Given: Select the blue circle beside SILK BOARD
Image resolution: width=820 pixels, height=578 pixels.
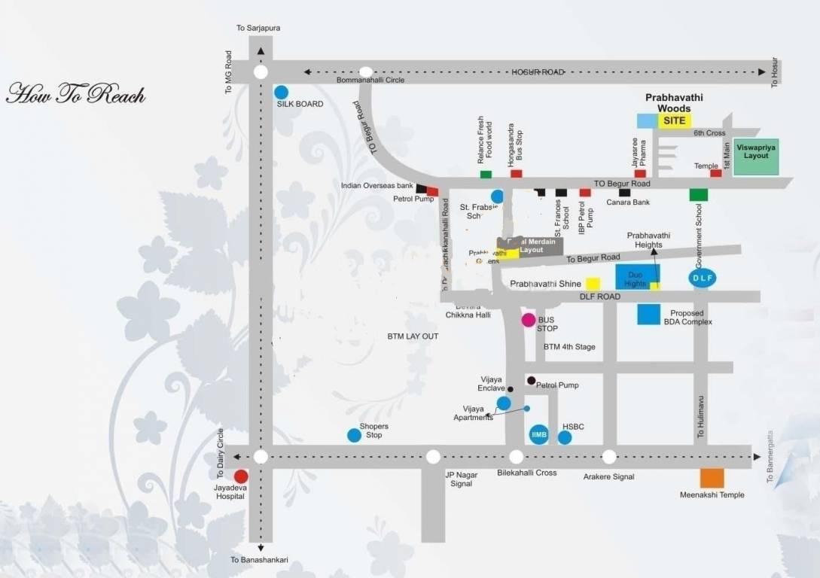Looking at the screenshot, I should click(281, 92).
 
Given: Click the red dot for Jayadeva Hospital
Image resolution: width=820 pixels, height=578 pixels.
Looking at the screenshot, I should click(241, 476).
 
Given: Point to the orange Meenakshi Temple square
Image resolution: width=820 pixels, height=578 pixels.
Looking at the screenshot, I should click(712, 478).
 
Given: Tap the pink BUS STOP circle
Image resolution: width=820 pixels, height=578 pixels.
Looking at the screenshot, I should click(529, 321).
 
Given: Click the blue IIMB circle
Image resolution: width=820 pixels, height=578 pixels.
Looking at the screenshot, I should click(538, 435).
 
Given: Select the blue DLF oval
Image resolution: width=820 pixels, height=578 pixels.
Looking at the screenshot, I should click(701, 278).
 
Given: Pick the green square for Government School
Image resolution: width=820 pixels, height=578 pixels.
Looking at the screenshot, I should click(699, 195).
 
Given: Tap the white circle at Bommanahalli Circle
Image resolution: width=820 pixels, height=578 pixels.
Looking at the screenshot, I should click(366, 72).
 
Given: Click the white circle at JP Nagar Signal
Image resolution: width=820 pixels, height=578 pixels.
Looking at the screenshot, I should click(433, 457).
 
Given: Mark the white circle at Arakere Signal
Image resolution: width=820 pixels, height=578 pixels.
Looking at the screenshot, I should click(609, 457).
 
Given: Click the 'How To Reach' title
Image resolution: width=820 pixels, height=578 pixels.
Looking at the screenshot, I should click(75, 95).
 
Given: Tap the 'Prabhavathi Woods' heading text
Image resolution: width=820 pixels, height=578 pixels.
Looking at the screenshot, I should click(668, 103).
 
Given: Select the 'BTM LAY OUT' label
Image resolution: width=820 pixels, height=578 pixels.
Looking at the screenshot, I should click(413, 336).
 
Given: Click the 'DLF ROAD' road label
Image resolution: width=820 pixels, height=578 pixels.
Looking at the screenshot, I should click(600, 297).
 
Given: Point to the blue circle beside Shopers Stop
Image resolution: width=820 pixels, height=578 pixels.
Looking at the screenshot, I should click(354, 435).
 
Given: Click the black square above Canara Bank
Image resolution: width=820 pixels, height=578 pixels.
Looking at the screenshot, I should click(624, 193).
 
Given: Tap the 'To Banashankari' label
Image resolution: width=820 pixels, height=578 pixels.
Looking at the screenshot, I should click(260, 560).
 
